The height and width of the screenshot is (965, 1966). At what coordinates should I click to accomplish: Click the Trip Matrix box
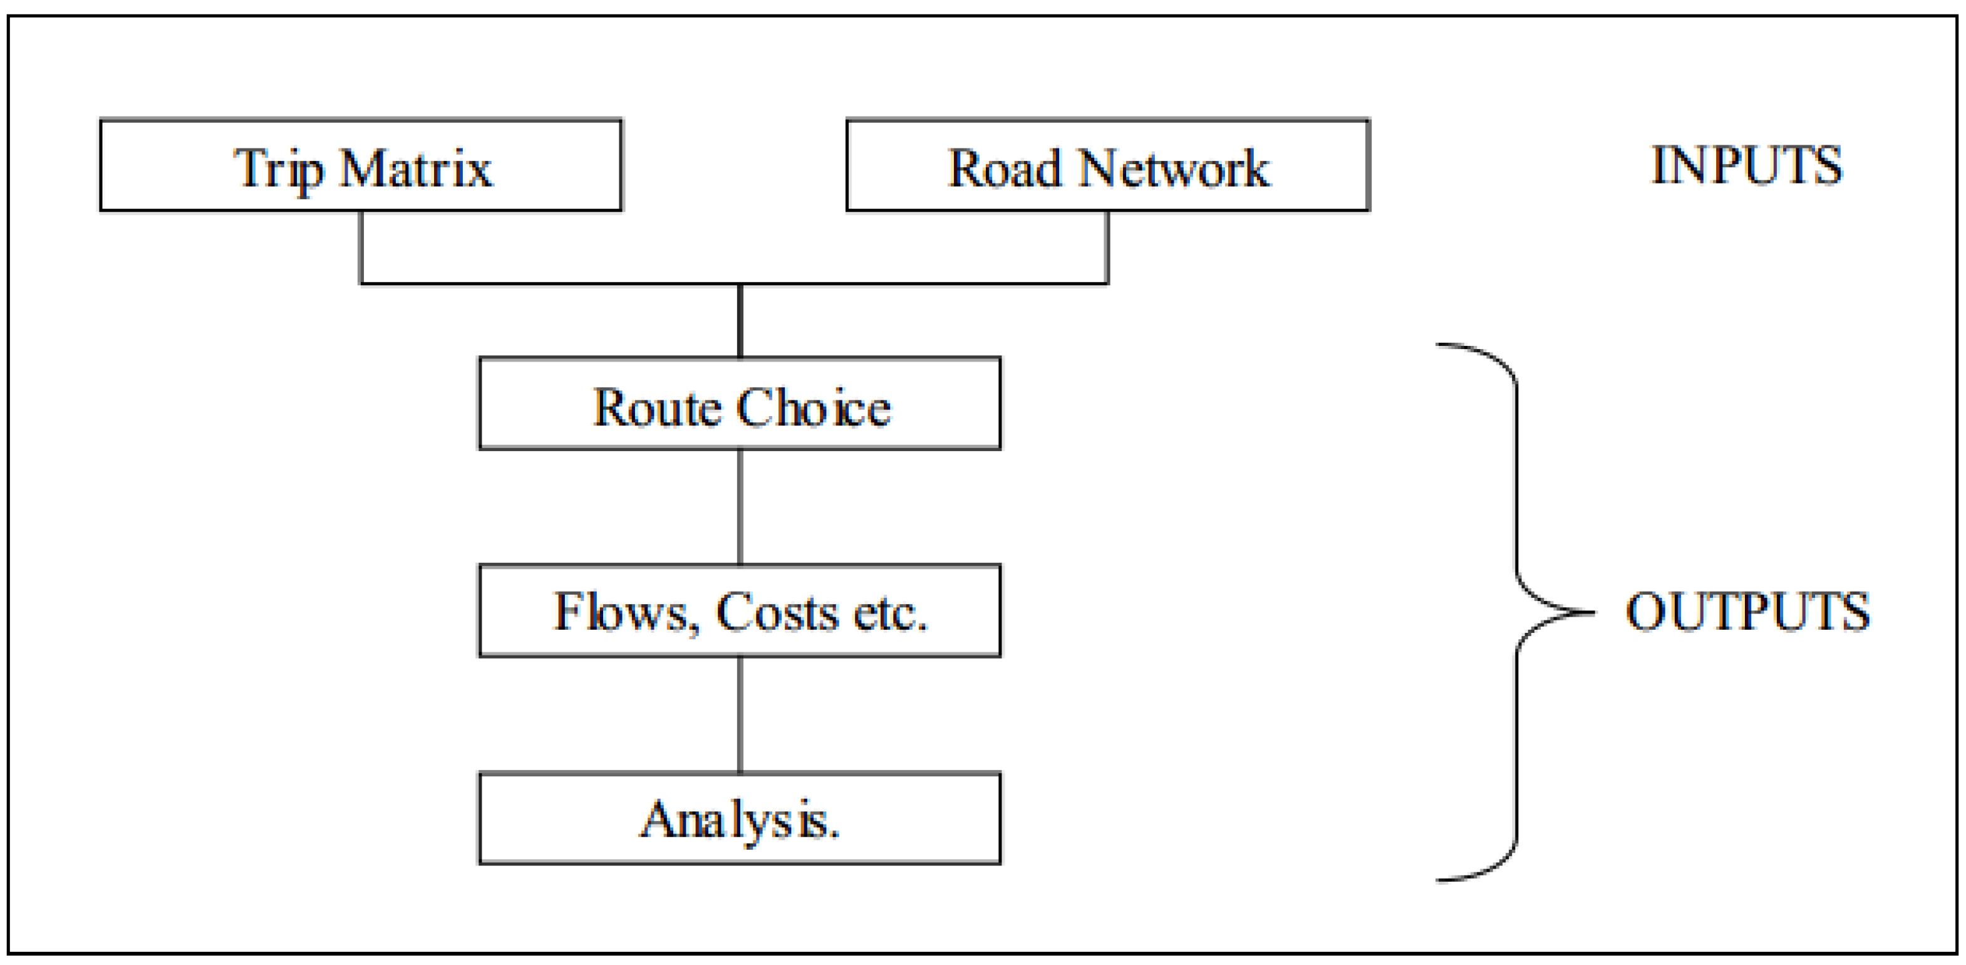(x=360, y=165)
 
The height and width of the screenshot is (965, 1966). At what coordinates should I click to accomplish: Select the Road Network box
(x=1107, y=165)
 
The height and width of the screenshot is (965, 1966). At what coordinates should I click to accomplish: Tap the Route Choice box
(x=740, y=403)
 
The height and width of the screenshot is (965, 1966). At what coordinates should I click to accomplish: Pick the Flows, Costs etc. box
(x=740, y=611)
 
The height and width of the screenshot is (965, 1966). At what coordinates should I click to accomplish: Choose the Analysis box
(x=740, y=818)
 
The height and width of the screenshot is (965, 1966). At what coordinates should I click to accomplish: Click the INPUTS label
(x=1746, y=165)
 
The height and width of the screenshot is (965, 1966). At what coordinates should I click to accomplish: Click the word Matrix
(x=416, y=168)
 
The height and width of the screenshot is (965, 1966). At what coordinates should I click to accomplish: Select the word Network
(x=1174, y=168)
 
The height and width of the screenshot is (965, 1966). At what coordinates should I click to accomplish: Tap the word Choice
(x=814, y=408)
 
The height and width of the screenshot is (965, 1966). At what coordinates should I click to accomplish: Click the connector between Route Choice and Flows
(x=740, y=507)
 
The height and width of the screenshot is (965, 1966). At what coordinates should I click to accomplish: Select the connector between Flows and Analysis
(x=740, y=714)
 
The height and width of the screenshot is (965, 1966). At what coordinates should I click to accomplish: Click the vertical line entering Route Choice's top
(x=740, y=321)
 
